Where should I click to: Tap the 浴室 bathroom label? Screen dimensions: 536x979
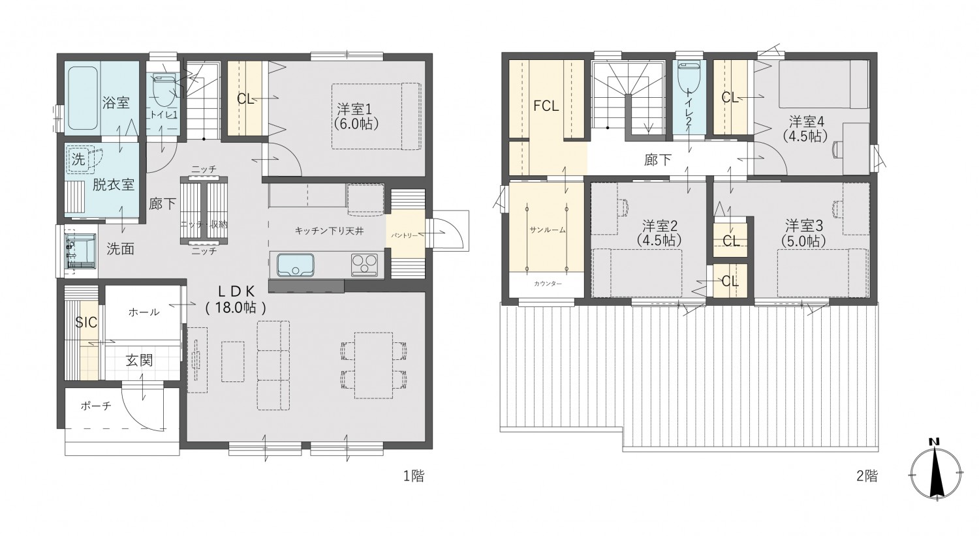pos(116,102)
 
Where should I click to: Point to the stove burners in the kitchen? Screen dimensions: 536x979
pos(365,265)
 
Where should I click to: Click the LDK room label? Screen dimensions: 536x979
pos(235,298)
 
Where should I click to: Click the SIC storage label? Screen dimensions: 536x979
pos(86,322)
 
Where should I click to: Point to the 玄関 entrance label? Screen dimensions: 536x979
pos(139,360)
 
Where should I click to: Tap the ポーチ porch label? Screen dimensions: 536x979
pos(96,406)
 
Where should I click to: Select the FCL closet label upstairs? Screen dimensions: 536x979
pos(546,106)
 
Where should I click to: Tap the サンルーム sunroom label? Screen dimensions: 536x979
pos(547,230)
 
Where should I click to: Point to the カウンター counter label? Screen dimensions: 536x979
pos(547,284)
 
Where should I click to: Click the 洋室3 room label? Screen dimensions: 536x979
pos(805,233)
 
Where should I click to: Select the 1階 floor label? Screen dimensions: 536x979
pos(413,476)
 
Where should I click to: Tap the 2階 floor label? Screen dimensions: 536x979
pos(867,476)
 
